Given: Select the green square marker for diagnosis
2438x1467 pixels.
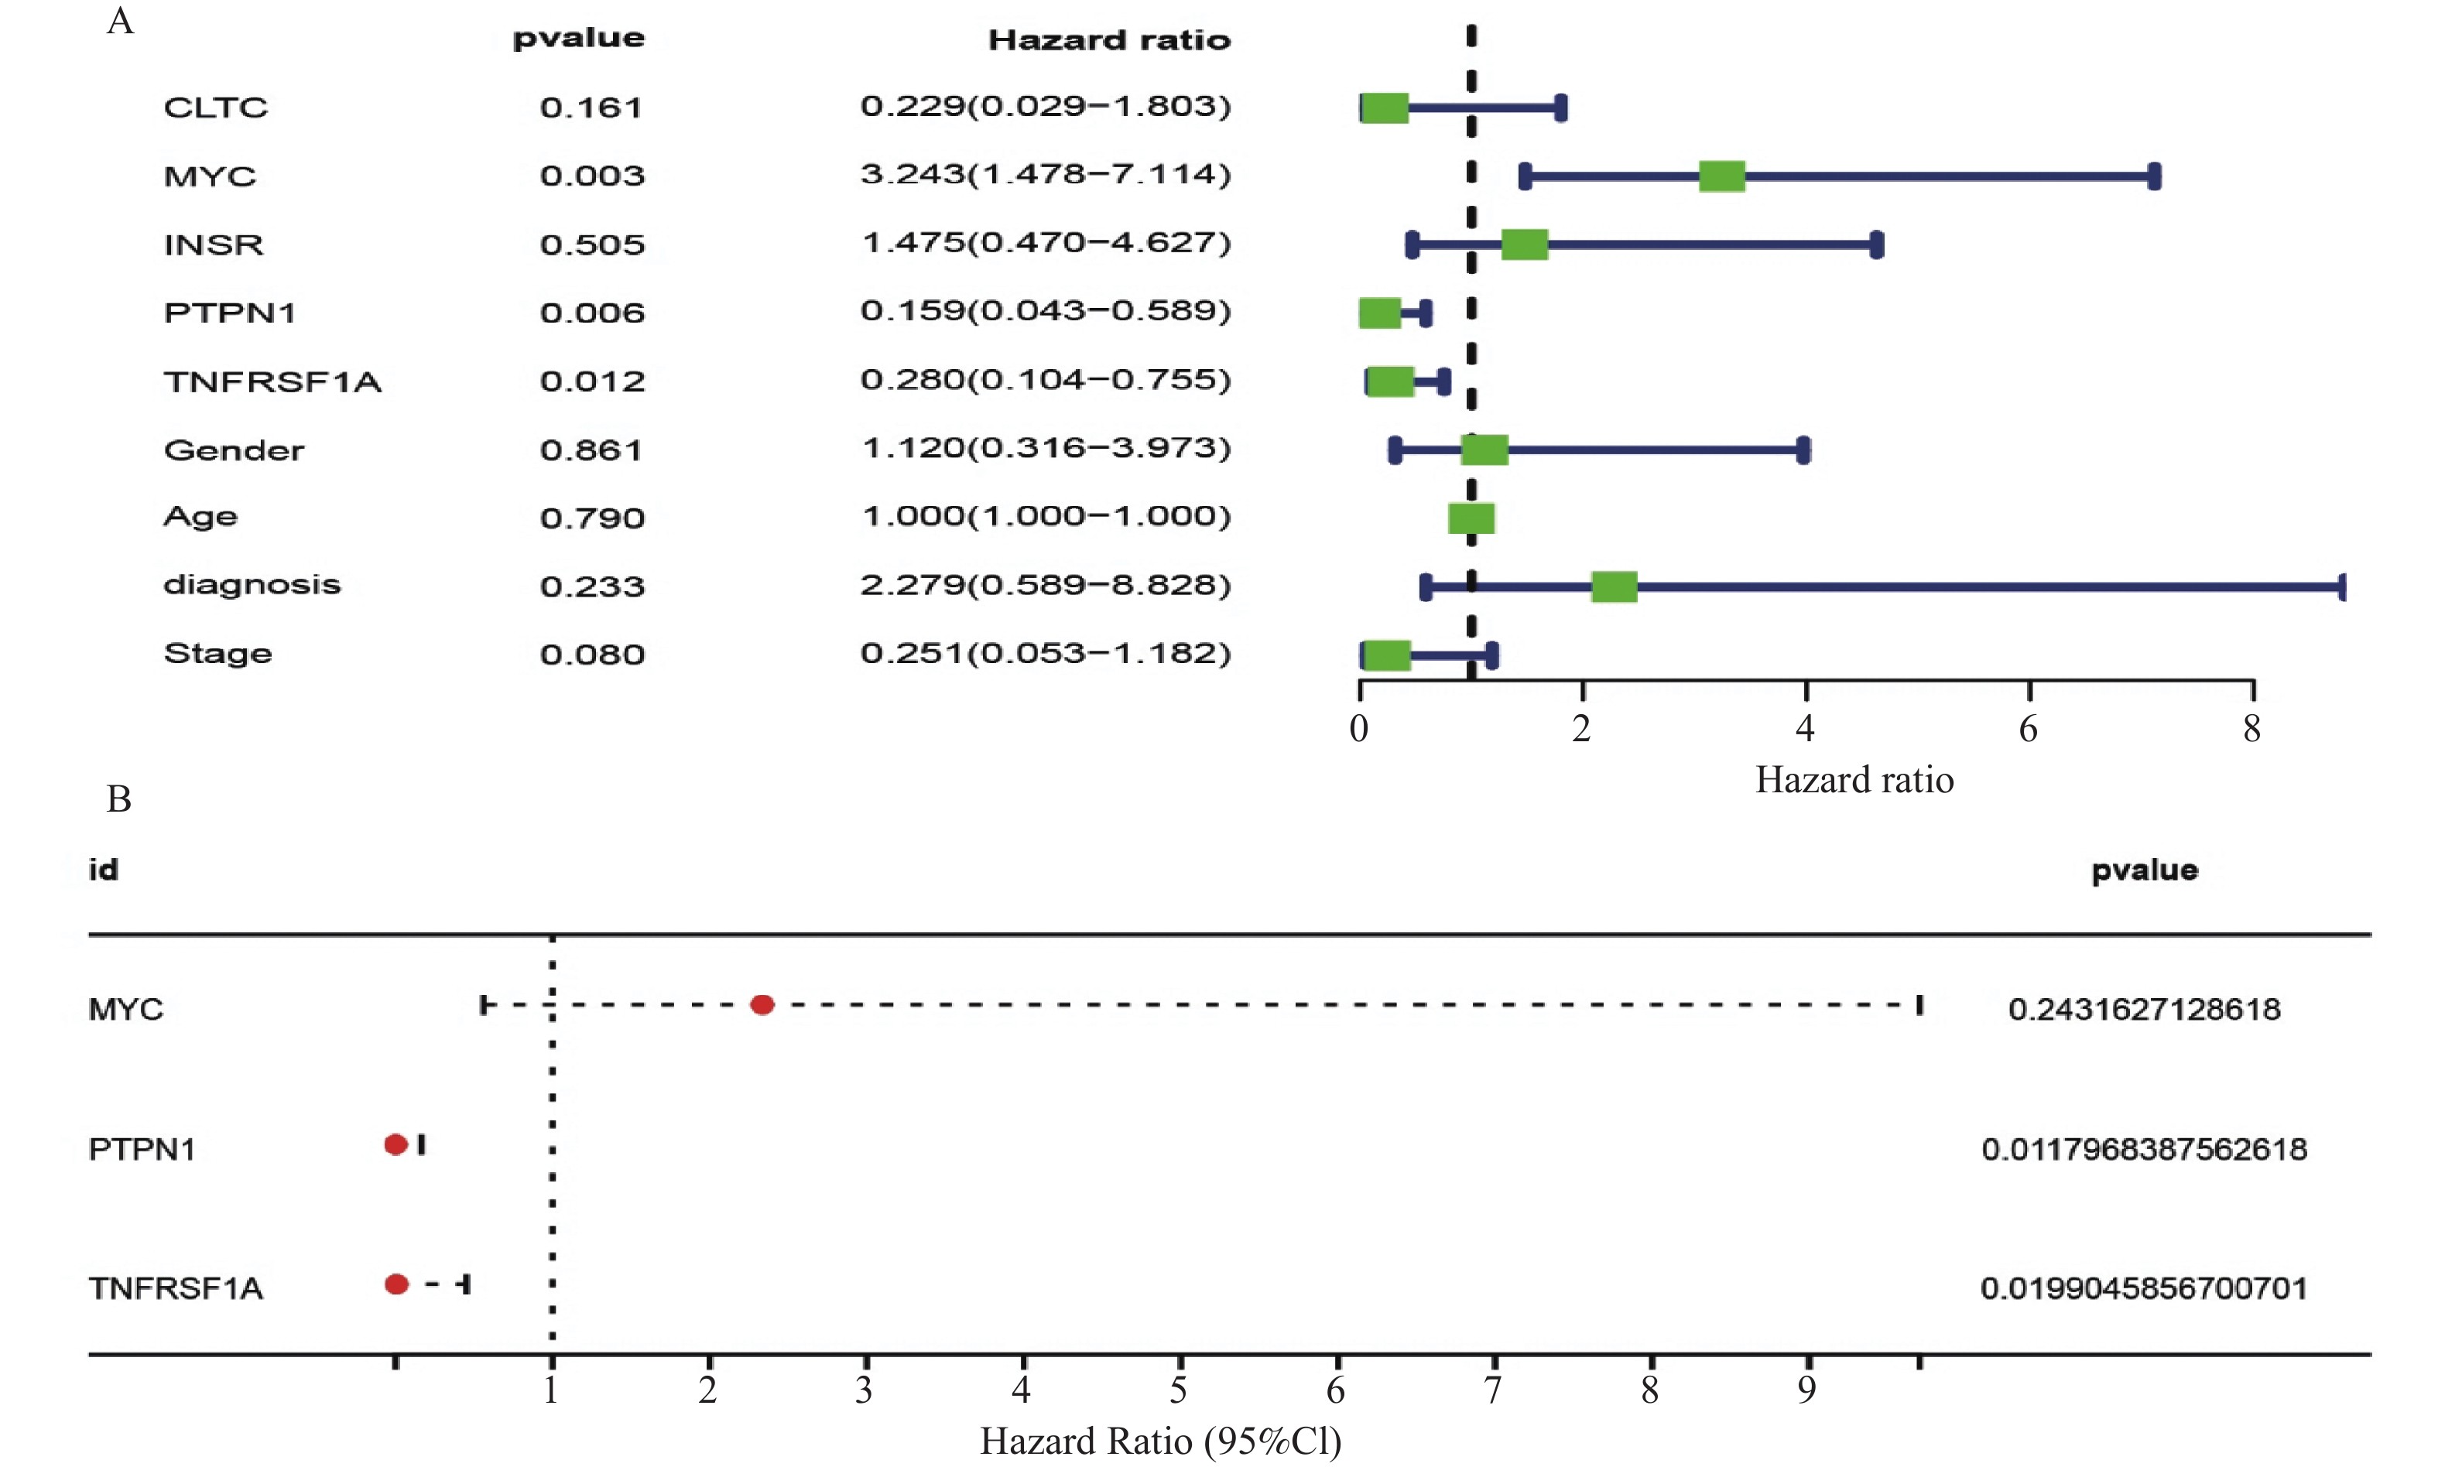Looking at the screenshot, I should point(1614,586).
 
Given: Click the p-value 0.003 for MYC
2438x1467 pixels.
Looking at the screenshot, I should point(592,176).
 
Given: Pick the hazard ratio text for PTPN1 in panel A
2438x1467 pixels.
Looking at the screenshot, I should point(1045,311).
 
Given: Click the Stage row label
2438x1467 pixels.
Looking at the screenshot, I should point(217,654).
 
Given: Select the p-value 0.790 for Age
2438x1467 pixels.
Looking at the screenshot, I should point(592,518).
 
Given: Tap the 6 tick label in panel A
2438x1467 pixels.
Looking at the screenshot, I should point(2028,730).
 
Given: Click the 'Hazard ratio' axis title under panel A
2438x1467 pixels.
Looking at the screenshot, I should point(1854,781).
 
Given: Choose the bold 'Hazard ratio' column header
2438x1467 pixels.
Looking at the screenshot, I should point(1109,40).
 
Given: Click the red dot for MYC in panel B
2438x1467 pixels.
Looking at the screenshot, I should point(762,1005).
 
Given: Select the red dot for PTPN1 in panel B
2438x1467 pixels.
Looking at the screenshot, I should point(395,1144).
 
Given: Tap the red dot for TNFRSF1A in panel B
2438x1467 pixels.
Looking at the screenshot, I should point(396,1284).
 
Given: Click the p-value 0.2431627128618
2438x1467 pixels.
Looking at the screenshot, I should point(2143,1009).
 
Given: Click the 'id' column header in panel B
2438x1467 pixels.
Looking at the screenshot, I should point(104,870).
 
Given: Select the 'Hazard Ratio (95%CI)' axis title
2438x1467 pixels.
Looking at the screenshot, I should point(1159,1442).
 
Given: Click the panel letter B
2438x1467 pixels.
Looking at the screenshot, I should point(118,798).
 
